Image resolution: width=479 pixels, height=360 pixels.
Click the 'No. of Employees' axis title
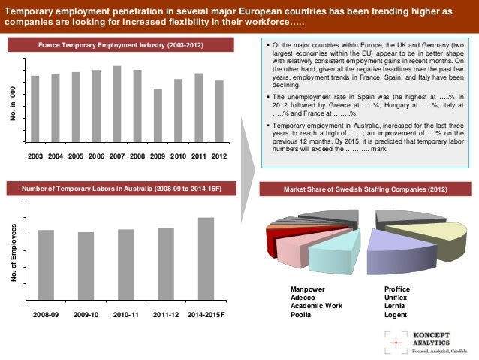pyautogui.click(x=14, y=253)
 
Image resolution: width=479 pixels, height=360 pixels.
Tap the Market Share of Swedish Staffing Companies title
pyautogui.click(x=365, y=189)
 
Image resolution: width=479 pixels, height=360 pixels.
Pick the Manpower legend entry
pyautogui.click(x=308, y=289)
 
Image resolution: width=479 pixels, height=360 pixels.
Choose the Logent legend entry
pyautogui.click(x=396, y=315)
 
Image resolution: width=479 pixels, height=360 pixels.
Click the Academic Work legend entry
pyautogui.click(x=316, y=306)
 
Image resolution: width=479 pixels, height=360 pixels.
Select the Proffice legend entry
pyautogui.click(x=397, y=289)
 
